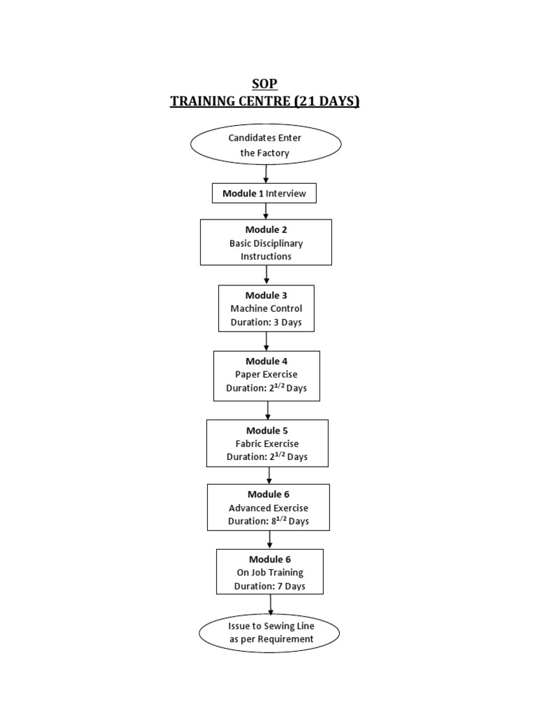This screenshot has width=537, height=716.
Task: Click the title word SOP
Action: pyautogui.click(x=266, y=84)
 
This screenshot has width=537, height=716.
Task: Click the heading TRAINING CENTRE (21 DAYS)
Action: pyautogui.click(x=266, y=101)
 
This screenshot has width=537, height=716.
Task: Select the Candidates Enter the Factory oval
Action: pyautogui.click(x=266, y=145)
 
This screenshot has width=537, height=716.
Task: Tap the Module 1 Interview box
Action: pyautogui.click(x=264, y=194)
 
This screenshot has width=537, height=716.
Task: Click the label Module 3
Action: pyautogui.click(x=266, y=295)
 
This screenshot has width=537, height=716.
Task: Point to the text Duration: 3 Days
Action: pyautogui.click(x=266, y=323)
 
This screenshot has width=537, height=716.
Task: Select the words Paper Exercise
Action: pyautogui.click(x=266, y=374)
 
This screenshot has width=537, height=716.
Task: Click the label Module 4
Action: pyautogui.click(x=266, y=361)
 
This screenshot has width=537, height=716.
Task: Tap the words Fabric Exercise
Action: pyautogui.click(x=267, y=443)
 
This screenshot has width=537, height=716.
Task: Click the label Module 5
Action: pyautogui.click(x=267, y=430)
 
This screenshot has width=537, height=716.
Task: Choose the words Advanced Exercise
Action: pyautogui.click(x=268, y=508)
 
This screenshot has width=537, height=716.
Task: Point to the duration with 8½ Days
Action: pyautogui.click(x=268, y=521)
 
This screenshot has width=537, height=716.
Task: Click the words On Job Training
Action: pyautogui.click(x=270, y=573)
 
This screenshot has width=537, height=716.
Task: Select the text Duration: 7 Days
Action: pyautogui.click(x=270, y=587)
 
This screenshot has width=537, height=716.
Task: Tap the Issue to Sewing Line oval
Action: pyautogui.click(x=270, y=633)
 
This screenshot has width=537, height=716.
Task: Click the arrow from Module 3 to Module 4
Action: pyautogui.click(x=266, y=341)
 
